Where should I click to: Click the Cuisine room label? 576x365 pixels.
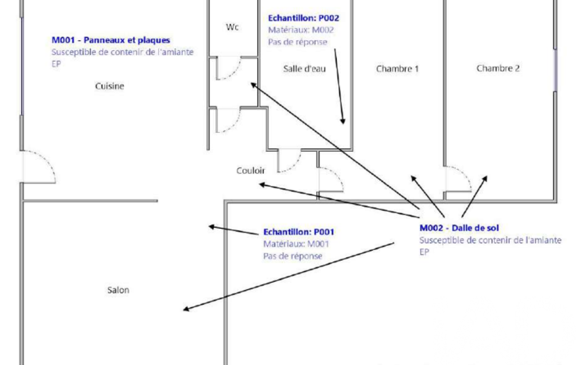click(x=110, y=86)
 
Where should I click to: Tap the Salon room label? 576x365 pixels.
click(x=118, y=290)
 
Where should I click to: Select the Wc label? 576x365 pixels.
click(x=232, y=28)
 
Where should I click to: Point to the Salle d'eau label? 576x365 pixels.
click(x=303, y=69)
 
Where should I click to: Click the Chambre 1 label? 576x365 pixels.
click(x=397, y=69)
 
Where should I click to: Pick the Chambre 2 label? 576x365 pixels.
click(x=498, y=69)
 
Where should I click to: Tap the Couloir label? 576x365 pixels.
click(x=250, y=171)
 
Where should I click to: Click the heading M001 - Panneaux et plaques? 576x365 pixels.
click(x=111, y=40)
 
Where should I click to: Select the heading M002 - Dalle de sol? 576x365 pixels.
click(x=459, y=228)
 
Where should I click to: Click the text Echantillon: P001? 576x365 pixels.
click(x=299, y=231)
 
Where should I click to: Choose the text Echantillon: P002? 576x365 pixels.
click(x=303, y=19)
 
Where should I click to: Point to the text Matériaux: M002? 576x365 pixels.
click(x=304, y=30)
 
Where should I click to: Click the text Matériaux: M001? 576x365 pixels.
click(x=296, y=244)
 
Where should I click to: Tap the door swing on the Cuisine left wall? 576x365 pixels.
click(x=38, y=167)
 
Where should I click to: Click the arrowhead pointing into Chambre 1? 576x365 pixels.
click(x=414, y=178)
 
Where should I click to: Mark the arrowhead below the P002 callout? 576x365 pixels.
click(x=342, y=120)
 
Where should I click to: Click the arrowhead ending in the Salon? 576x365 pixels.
click(x=185, y=309)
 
